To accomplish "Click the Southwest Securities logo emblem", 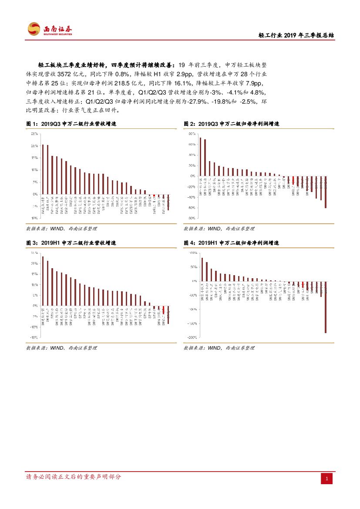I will pyautogui.click(x=34, y=29).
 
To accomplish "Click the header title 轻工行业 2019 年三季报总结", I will pyautogui.click(x=296, y=36).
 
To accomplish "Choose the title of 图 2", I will pyautogui.click(x=231, y=124).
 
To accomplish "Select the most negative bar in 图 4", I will pyautogui.click(x=325, y=307).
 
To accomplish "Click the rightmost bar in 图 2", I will pyautogui.click(x=326, y=192).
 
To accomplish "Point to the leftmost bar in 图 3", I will pyautogui.click(x=43, y=281).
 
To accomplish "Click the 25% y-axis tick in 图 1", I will pyautogui.click(x=34, y=134).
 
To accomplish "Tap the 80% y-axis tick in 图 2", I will pyautogui.click(x=192, y=134).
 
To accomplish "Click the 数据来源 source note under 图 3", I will pyautogui.click(x=61, y=348).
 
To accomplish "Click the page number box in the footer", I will pyautogui.click(x=327, y=479).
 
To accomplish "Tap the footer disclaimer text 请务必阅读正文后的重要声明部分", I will pyautogui.click(x=74, y=477).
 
